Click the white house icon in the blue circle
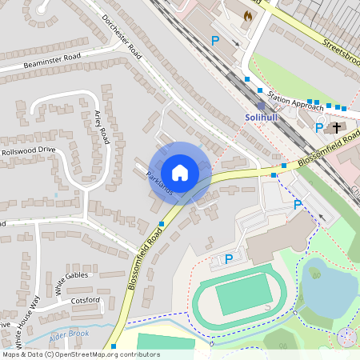[x=180, y=173]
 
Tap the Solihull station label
[x=262, y=118]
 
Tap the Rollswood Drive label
[x=29, y=150]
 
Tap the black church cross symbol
[x=338, y=127]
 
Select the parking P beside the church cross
[x=319, y=127]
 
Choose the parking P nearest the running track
[x=228, y=258]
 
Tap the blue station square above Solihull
[x=261, y=106]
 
